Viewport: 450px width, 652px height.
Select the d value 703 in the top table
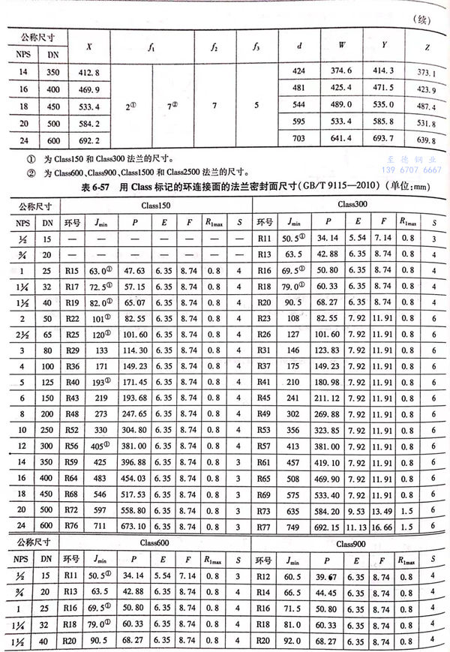299,140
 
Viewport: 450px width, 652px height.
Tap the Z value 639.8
425,141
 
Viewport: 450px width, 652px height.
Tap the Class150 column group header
154,205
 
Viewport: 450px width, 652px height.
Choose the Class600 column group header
154,542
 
